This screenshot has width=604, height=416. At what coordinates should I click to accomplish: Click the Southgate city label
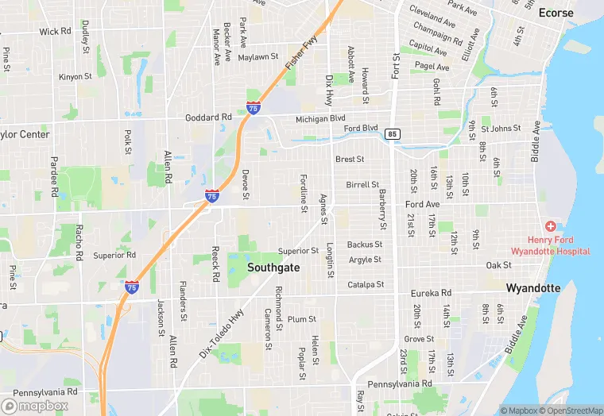click(273, 268)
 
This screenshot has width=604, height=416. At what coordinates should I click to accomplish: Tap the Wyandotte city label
click(533, 287)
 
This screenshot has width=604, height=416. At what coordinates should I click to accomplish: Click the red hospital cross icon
click(551, 227)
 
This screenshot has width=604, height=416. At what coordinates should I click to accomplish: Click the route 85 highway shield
click(392, 134)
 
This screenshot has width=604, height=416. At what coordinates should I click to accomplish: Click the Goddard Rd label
click(207, 117)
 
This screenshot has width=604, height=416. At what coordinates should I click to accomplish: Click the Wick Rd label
click(55, 32)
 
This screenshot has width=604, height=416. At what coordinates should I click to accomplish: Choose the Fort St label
click(396, 67)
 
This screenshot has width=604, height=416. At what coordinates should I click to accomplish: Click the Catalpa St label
click(365, 284)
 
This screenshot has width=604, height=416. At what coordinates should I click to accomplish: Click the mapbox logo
click(35, 405)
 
